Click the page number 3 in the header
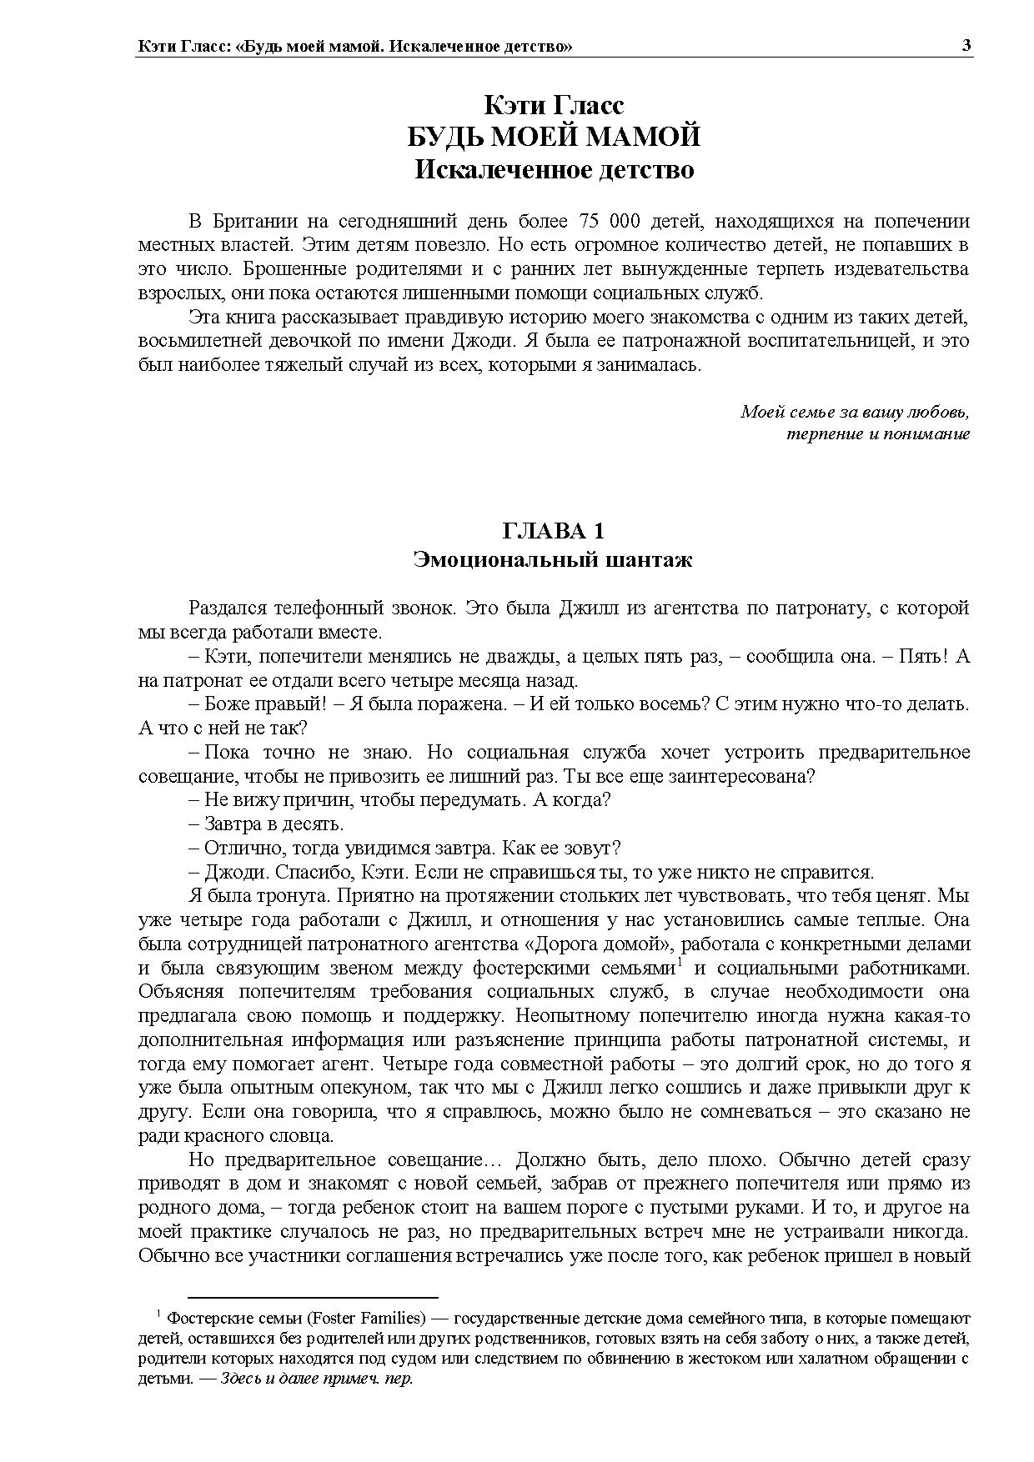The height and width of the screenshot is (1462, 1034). pos(966,46)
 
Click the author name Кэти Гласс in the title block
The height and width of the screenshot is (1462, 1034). pos(554,106)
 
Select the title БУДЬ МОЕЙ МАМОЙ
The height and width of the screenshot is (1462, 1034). pos(554,137)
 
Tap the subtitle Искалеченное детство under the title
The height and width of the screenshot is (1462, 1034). pos(554,169)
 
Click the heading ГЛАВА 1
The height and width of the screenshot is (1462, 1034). pos(553,531)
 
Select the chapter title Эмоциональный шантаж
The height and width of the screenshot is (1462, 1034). pos(553,559)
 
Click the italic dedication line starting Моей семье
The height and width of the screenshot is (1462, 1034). pos(855,412)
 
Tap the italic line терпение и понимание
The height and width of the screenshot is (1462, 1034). pos(878,434)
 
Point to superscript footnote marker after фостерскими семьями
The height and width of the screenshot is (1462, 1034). pos(680,964)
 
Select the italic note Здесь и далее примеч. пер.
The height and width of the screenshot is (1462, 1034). pos(317,1379)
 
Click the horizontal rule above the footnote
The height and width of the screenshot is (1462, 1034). pos(313,1298)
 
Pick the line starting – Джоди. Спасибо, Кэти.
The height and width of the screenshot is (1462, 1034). pos(538,873)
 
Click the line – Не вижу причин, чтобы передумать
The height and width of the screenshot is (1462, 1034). pos(408,800)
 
